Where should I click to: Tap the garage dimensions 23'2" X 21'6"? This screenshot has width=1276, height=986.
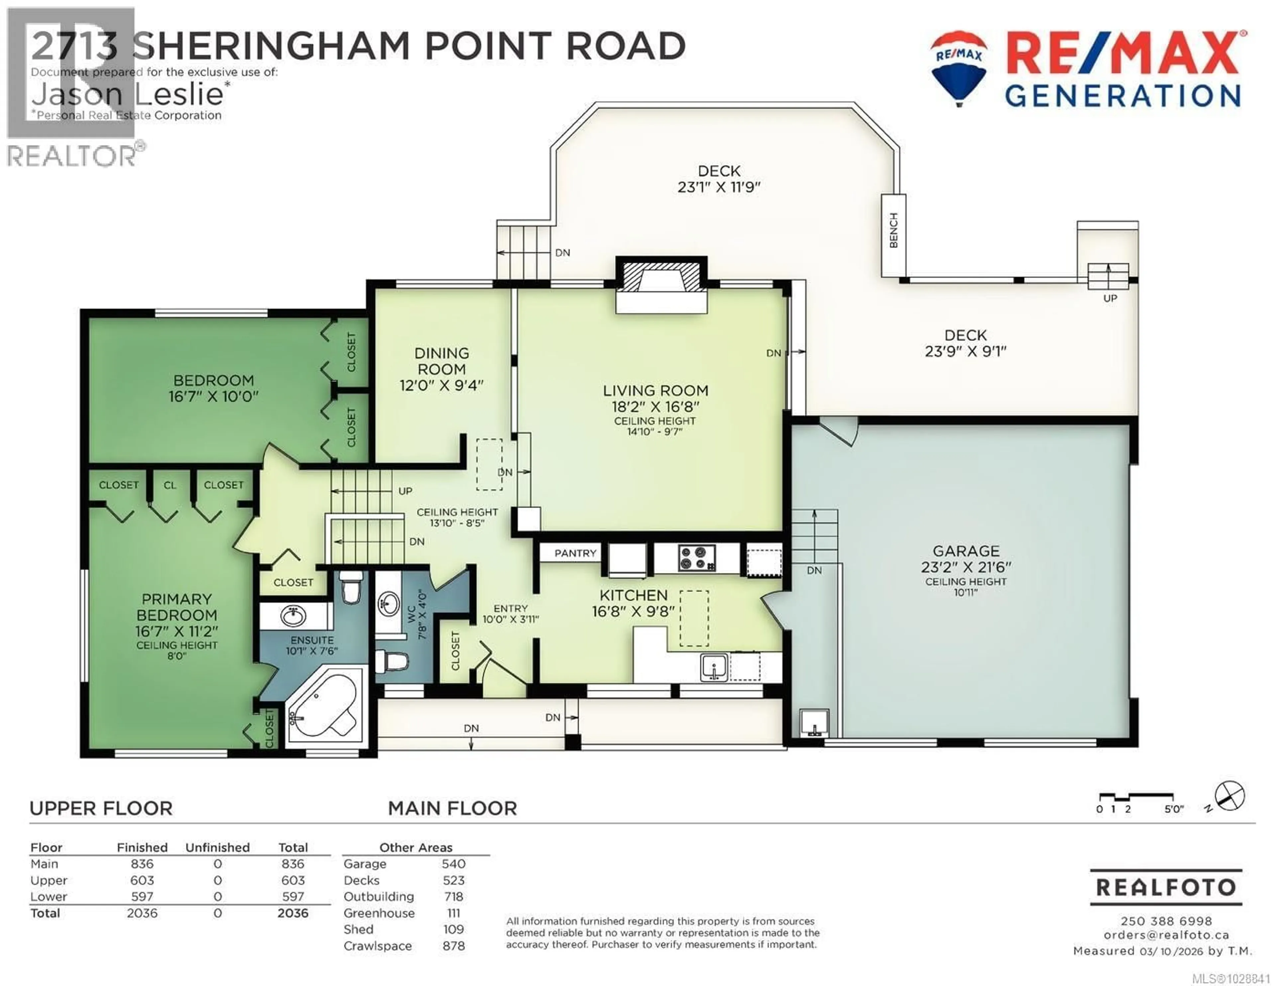[966, 567]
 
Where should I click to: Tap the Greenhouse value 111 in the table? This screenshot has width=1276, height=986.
[453, 913]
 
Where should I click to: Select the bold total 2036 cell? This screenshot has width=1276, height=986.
[293, 913]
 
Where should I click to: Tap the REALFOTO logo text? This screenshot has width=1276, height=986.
[1166, 887]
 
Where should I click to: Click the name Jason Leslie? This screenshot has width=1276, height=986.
[127, 93]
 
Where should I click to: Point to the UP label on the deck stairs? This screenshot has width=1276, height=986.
[1110, 298]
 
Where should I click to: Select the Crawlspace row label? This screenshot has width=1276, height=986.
[377, 946]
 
